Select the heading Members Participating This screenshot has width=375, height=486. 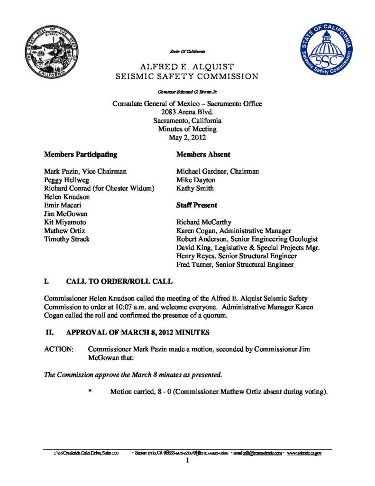(80, 154)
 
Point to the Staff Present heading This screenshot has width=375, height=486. (197, 205)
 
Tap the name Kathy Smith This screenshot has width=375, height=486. (196, 188)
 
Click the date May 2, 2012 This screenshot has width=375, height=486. (187, 138)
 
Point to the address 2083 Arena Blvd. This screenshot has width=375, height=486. (187, 112)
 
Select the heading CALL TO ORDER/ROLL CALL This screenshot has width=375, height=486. (119, 281)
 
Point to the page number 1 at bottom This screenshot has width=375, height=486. (187, 460)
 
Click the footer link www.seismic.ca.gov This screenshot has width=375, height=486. (304, 453)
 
